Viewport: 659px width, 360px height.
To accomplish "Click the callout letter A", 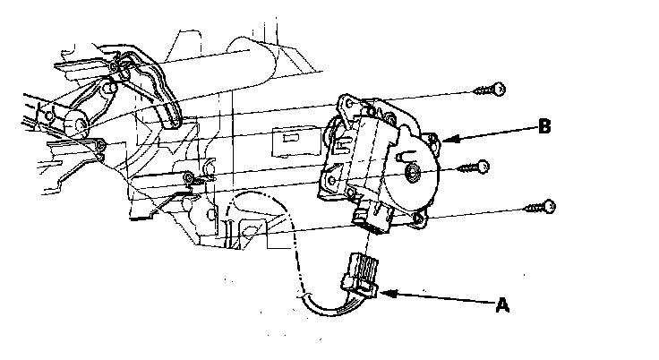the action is click(x=502, y=304).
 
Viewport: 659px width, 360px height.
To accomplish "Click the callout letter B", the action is click(x=543, y=126).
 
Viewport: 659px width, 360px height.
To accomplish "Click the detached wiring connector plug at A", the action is click(x=362, y=274).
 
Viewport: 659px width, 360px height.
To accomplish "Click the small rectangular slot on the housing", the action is click(x=289, y=140).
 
